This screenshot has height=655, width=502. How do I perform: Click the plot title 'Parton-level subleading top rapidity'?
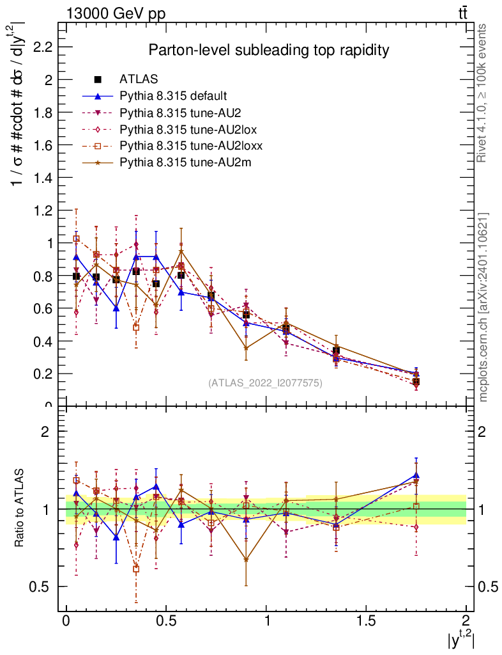tap(268, 49)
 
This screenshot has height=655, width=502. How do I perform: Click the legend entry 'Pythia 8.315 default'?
tap(173, 97)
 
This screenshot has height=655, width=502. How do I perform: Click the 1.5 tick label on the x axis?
tap(366, 622)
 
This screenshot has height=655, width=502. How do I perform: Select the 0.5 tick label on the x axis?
tap(166, 622)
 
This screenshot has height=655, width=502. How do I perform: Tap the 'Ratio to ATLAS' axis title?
tap(20, 509)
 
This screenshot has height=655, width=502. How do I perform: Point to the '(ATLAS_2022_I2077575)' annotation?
tap(265, 383)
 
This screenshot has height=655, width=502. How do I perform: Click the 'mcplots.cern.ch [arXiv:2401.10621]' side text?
tap(484, 307)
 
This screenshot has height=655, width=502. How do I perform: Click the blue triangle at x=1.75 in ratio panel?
tap(416, 475)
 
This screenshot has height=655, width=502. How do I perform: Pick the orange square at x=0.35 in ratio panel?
tap(136, 569)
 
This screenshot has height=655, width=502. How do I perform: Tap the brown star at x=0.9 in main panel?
tap(246, 349)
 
